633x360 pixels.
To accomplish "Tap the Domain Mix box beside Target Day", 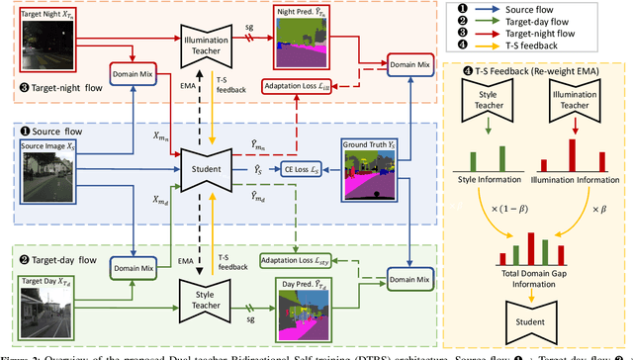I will (135, 266).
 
